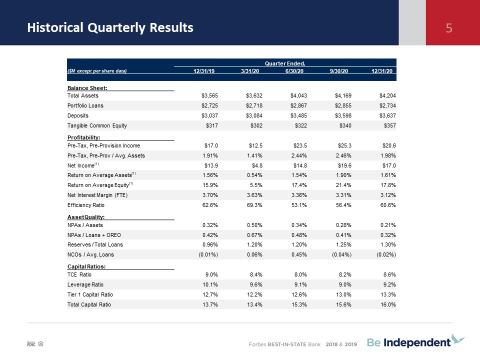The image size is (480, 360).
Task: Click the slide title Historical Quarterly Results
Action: coord(110,27)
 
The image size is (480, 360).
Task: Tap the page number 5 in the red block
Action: coord(449,28)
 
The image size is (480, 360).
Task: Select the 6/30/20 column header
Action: coord(294,71)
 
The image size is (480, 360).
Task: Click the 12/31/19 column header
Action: coord(204,71)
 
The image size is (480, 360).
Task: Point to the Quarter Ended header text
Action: coord(284,63)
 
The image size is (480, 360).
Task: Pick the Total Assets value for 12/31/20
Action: coord(387,95)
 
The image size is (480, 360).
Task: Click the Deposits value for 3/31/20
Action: coord(254,115)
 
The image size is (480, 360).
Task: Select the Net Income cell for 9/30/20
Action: coord(344,165)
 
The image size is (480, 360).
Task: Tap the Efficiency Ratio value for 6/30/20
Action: coord(299,205)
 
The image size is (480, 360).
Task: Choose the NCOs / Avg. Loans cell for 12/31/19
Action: coord(208,254)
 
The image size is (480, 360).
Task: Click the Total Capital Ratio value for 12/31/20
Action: coord(388,304)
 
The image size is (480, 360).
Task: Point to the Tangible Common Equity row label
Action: coord(97,125)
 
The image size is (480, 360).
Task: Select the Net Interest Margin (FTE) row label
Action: coord(97,195)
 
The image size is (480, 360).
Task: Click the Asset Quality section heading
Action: coord(86,217)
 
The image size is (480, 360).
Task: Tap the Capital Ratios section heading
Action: coord(86,266)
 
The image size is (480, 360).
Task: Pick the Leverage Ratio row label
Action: coord(85,284)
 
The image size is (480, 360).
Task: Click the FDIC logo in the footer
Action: coord(31,344)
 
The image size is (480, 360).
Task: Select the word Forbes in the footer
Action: coord(257,344)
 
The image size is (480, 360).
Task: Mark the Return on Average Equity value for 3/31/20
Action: coord(254,185)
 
